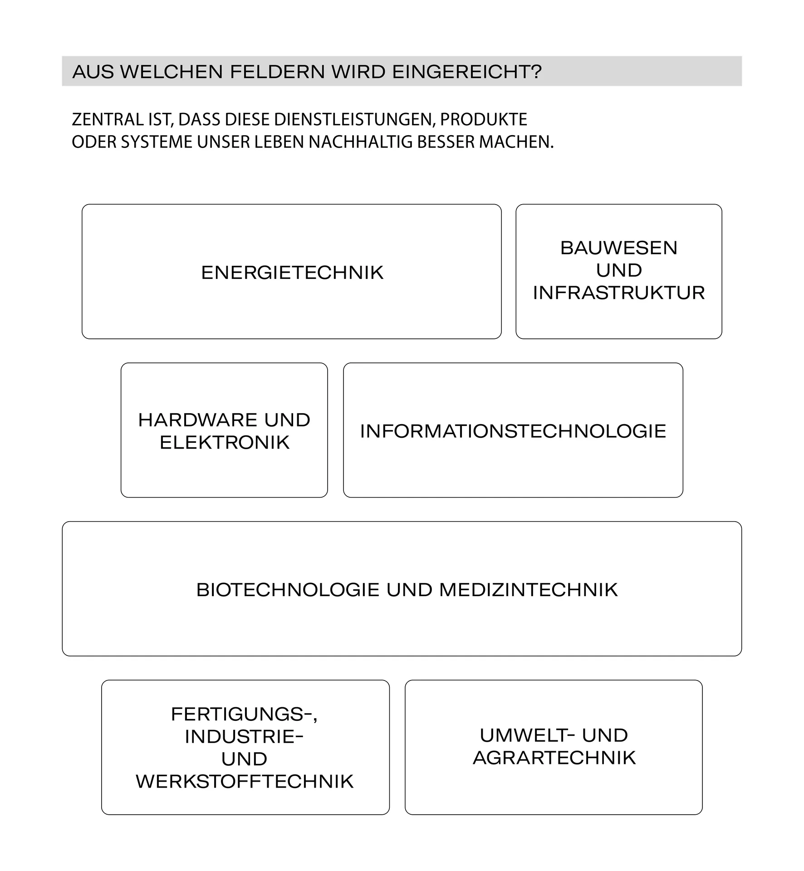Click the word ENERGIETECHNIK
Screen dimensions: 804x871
click(292, 273)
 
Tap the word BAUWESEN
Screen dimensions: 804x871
click(619, 248)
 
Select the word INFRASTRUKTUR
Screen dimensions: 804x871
click(619, 293)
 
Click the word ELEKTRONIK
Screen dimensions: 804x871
click(225, 442)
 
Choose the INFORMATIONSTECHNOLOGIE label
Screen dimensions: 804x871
click(513, 431)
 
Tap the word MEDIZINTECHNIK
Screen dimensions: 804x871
click(529, 590)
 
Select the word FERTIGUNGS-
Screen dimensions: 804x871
click(244, 714)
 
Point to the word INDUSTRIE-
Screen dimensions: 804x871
click(244, 737)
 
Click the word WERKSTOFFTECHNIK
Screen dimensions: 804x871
click(245, 782)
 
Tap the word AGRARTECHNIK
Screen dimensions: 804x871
click(554, 758)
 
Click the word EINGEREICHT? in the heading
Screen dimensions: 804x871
click(467, 72)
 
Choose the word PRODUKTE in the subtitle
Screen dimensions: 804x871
click(484, 119)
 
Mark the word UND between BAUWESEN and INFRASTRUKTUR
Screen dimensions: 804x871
click(619, 270)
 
